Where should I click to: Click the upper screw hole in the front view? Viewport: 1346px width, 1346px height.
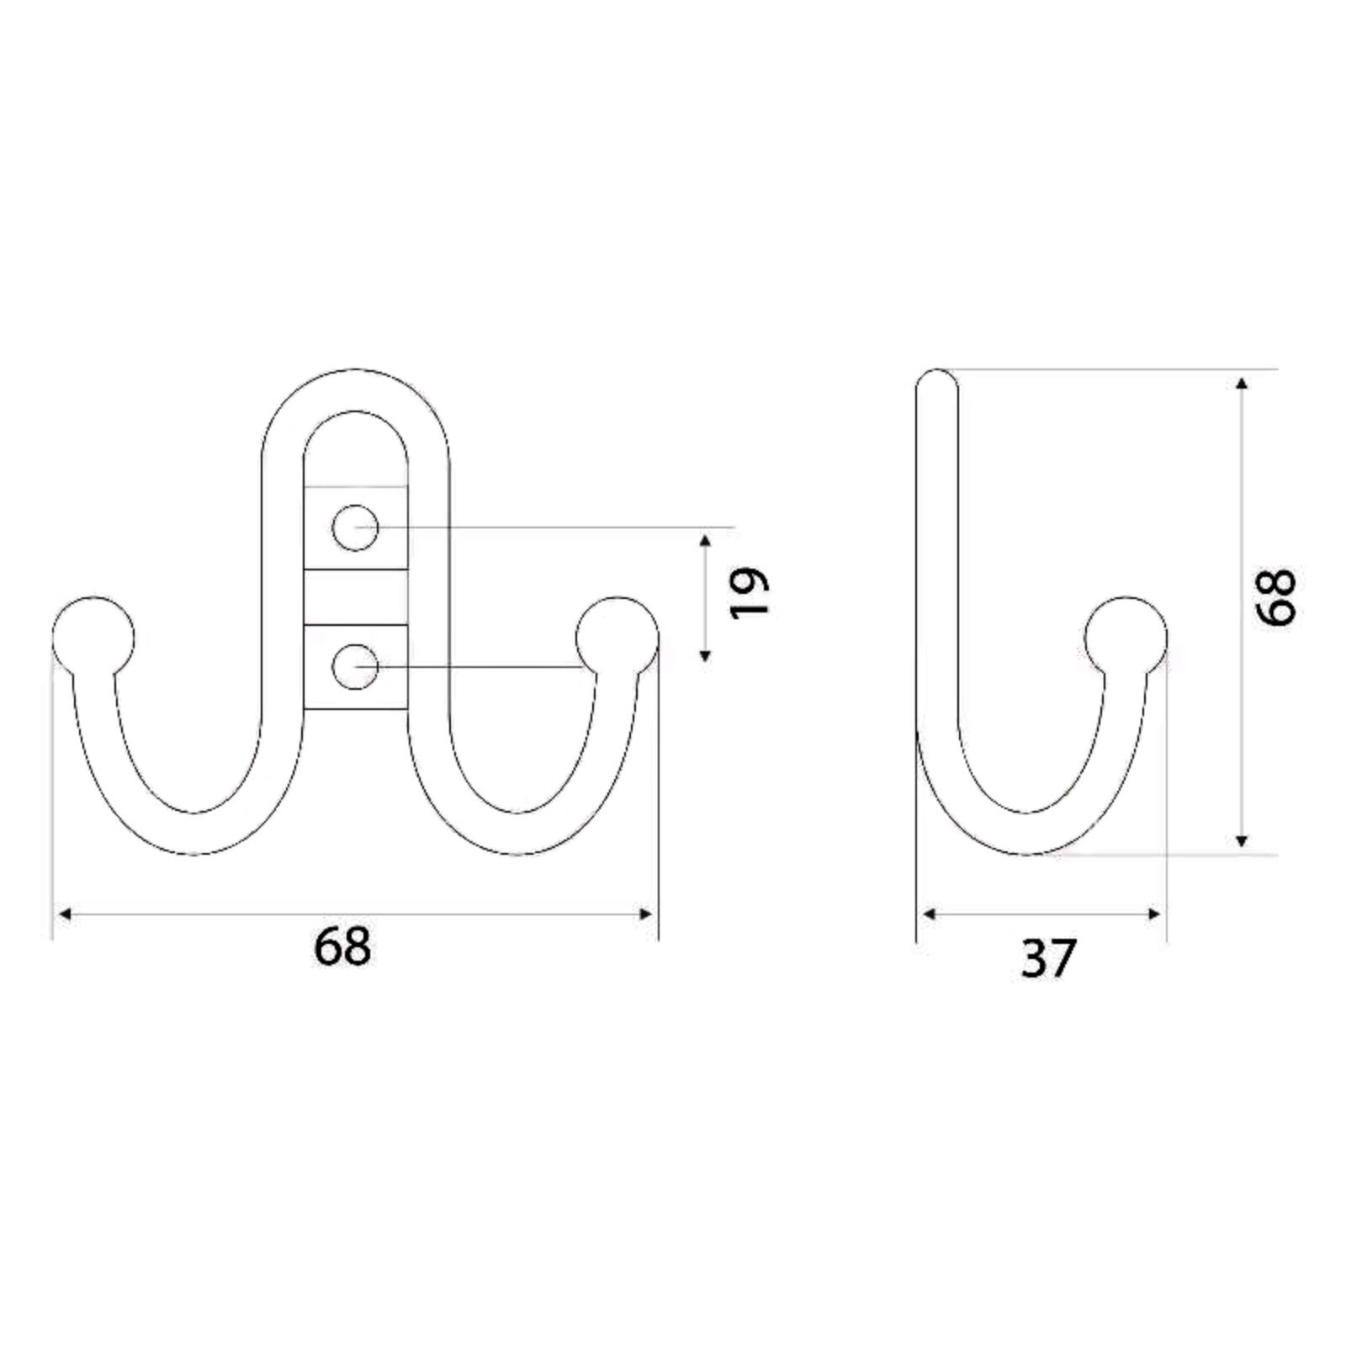(x=355, y=528)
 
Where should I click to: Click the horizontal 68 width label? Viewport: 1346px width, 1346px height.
(x=342, y=946)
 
